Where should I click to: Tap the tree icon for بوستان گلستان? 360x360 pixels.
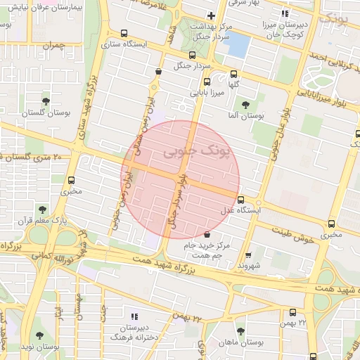click(x=46, y=101)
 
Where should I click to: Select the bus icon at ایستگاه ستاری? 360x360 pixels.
click(x=124, y=33)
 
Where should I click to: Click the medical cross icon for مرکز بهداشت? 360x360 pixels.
click(x=211, y=15)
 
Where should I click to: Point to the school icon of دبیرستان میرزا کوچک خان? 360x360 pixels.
click(x=284, y=13)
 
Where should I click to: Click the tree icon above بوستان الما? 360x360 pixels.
click(x=245, y=105)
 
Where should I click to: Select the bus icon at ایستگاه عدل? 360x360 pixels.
click(x=241, y=200)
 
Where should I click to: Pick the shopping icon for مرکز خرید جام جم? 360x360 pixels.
click(x=207, y=233)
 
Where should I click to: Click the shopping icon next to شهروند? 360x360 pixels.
click(x=247, y=256)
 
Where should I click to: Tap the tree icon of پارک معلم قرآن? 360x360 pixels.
click(x=43, y=209)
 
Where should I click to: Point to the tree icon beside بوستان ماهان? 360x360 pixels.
click(x=240, y=330)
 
